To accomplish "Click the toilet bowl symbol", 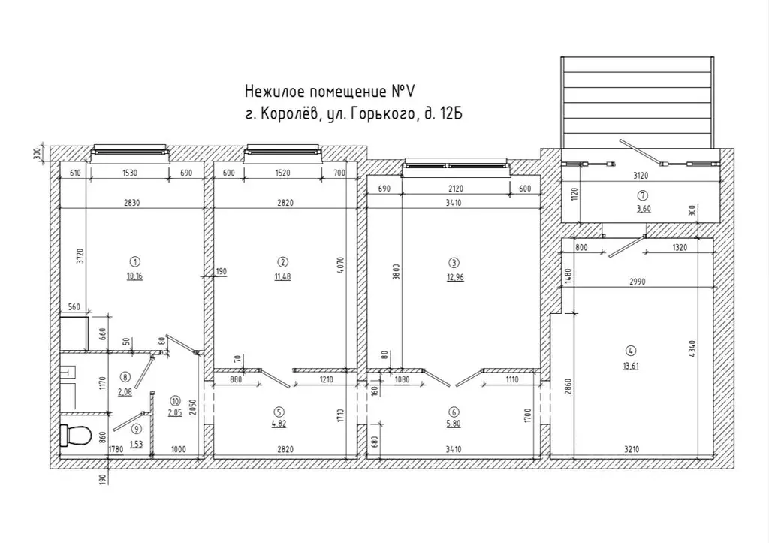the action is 76,435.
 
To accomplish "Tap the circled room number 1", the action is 135,261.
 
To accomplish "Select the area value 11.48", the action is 283,276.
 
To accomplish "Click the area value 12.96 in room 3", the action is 455,277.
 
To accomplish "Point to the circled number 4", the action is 631,351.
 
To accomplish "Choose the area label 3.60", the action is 644,209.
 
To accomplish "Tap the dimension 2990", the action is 637,282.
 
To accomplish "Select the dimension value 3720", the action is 81,256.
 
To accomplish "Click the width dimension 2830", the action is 132,203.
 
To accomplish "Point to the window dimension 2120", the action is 456,189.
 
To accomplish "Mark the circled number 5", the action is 280,412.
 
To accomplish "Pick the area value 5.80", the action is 454,424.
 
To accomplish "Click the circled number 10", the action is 175,401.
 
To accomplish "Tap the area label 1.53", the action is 137,445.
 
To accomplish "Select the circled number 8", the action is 125,377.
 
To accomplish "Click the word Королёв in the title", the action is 290,114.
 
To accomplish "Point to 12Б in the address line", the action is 451,114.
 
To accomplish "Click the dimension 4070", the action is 342,265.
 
